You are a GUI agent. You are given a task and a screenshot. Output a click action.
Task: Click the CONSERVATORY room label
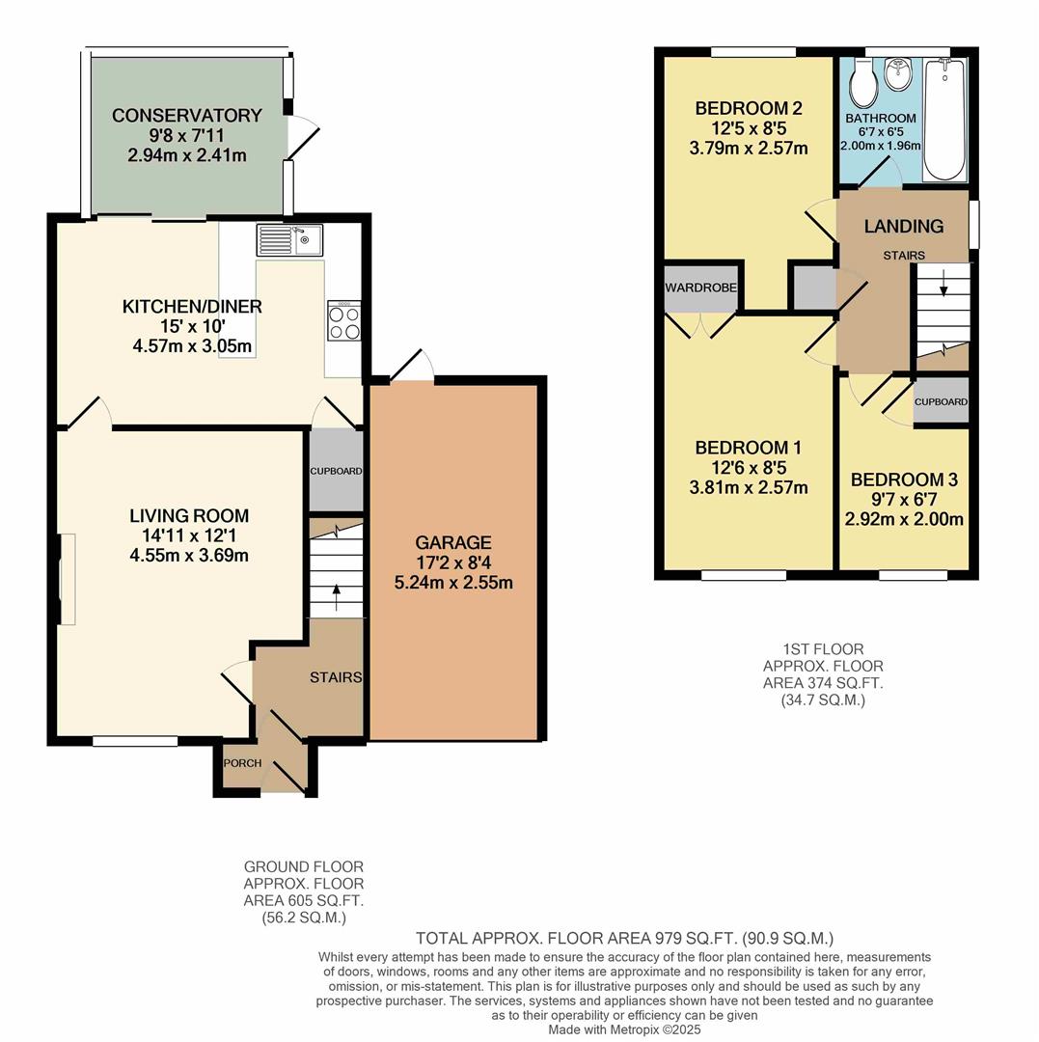pyautogui.click(x=186, y=116)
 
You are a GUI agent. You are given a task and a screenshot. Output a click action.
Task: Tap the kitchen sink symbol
pyautogui.click(x=290, y=239)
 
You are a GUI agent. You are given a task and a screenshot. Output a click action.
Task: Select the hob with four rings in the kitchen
pyautogui.click(x=343, y=321)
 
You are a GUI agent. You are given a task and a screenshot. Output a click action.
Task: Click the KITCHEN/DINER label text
pyautogui.click(x=191, y=307)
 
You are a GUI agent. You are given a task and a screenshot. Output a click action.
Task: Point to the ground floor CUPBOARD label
pyautogui.click(x=336, y=471)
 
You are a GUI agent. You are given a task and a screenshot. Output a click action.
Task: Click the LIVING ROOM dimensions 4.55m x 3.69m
pyautogui.click(x=189, y=555)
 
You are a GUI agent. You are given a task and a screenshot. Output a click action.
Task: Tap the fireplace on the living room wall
pyautogui.click(x=65, y=579)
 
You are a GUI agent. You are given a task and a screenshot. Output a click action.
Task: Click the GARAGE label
pyautogui.click(x=453, y=543)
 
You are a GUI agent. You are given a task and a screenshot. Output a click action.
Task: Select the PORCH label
pyautogui.click(x=242, y=763)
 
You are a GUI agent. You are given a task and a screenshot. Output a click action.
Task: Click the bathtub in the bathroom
pyautogui.click(x=944, y=120)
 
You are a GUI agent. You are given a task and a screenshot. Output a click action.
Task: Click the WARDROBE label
pyautogui.click(x=700, y=288)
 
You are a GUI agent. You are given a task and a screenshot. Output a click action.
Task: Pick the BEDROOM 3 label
pyautogui.click(x=904, y=480)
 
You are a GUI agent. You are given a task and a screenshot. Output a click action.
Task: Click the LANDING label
pyautogui.click(x=903, y=227)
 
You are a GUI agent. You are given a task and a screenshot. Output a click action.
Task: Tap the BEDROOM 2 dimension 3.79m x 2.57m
pyautogui.click(x=749, y=148)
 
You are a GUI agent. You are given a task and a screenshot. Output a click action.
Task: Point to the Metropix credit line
pyautogui.click(x=624, y=1029)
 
